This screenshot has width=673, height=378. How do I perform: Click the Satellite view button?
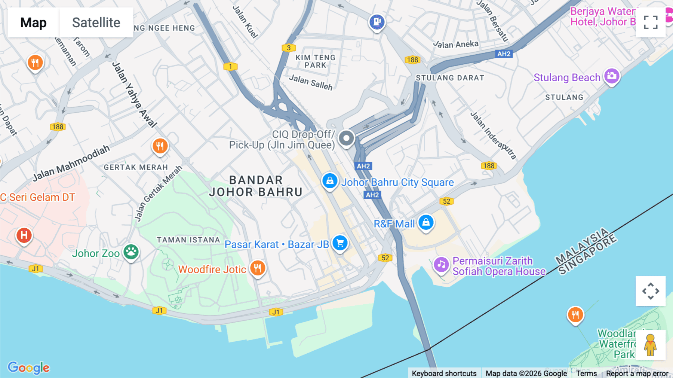click(x=96, y=22)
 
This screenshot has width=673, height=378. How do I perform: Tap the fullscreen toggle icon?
click(x=651, y=22)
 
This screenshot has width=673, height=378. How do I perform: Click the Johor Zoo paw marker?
click(x=131, y=252)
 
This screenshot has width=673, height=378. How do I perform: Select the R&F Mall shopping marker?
click(x=426, y=222)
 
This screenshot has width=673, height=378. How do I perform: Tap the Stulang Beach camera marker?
click(x=612, y=76)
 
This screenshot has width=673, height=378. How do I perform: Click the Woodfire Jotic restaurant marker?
click(x=258, y=268)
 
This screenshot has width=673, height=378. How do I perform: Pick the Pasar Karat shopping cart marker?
click(x=340, y=243)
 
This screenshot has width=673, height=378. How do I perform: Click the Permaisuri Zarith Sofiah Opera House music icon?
click(x=441, y=265)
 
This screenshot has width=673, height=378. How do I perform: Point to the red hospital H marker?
click(x=24, y=235)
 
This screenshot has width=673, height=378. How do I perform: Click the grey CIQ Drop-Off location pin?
click(x=346, y=138)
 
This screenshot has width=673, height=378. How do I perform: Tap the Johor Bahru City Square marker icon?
click(x=330, y=181)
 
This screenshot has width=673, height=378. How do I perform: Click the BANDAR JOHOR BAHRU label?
click(x=256, y=186)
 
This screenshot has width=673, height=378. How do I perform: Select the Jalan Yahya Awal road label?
click(x=134, y=95)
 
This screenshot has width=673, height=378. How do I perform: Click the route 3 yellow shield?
click(x=289, y=48)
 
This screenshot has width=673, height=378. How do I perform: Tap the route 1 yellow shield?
click(x=230, y=67)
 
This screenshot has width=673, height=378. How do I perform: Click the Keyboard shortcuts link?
click(x=444, y=373)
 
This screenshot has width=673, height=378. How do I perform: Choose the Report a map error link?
click(x=637, y=373)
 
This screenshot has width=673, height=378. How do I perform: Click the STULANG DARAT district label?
click(x=450, y=78)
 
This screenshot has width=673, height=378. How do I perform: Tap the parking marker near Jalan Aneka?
click(x=377, y=22)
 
